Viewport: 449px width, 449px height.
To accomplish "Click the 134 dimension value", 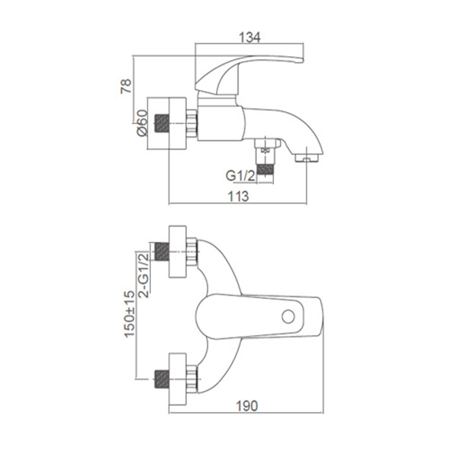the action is [249, 38].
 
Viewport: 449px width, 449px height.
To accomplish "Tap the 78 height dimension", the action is [126, 86].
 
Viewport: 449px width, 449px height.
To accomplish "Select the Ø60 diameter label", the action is [143, 123].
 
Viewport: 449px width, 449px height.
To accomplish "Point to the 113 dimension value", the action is [238, 196].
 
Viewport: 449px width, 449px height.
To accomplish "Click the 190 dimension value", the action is [247, 406].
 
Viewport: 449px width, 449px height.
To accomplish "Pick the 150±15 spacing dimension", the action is [129, 314].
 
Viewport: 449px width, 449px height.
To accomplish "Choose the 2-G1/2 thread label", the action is [144, 275].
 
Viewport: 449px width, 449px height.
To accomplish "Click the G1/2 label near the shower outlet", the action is [240, 176].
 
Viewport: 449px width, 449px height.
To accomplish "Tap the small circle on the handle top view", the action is [288, 317].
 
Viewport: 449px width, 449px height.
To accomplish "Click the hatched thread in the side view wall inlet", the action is [162, 123].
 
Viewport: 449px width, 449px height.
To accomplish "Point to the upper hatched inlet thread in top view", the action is [162, 251].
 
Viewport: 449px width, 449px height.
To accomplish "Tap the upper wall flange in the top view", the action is [178, 251].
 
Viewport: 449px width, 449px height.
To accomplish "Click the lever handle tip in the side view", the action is [302, 60].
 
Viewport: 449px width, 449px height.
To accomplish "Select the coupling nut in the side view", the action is [192, 123].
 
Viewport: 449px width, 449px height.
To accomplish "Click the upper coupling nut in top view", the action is [192, 251].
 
